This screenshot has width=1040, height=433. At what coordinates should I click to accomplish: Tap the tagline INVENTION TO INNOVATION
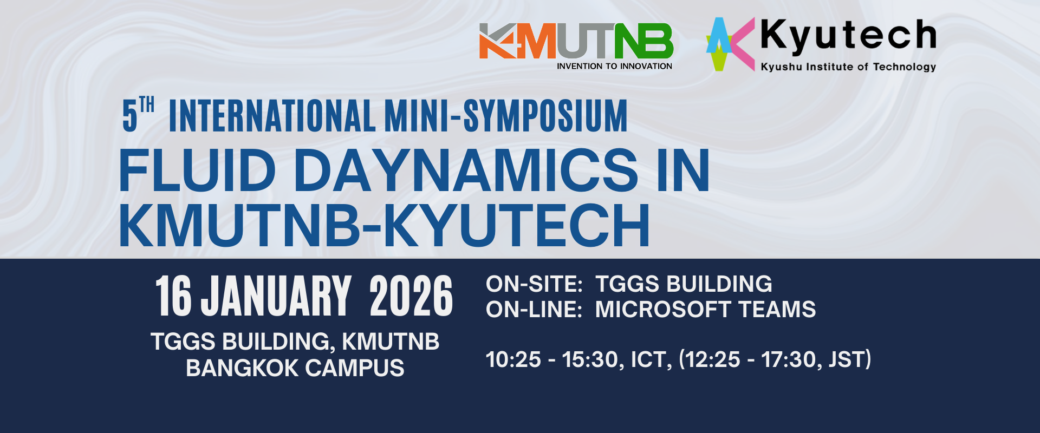(614, 66)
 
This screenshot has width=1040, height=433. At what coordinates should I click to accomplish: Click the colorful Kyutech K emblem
(730, 44)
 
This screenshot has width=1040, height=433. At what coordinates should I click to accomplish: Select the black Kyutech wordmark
(848, 36)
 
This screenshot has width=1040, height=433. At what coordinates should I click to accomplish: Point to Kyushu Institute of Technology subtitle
(848, 67)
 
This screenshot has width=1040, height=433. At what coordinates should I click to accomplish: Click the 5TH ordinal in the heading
(138, 114)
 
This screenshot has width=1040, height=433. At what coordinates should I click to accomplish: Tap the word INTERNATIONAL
(272, 115)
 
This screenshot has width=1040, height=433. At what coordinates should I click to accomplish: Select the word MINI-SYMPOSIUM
(506, 115)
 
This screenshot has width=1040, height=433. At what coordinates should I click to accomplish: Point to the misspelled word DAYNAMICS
(466, 170)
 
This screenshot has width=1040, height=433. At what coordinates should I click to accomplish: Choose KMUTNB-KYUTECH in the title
(385, 225)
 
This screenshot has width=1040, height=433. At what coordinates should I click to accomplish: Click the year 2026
(411, 296)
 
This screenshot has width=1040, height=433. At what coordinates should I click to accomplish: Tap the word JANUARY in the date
(276, 296)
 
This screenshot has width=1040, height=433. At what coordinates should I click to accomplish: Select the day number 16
(174, 296)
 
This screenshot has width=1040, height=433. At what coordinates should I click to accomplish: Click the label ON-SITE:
(534, 284)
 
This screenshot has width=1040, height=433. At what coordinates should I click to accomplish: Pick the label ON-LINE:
(534, 310)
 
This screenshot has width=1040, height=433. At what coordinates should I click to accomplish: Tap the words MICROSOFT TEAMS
(705, 310)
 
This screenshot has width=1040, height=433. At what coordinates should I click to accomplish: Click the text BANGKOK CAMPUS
(295, 368)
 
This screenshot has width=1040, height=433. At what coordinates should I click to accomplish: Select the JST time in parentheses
(775, 359)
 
